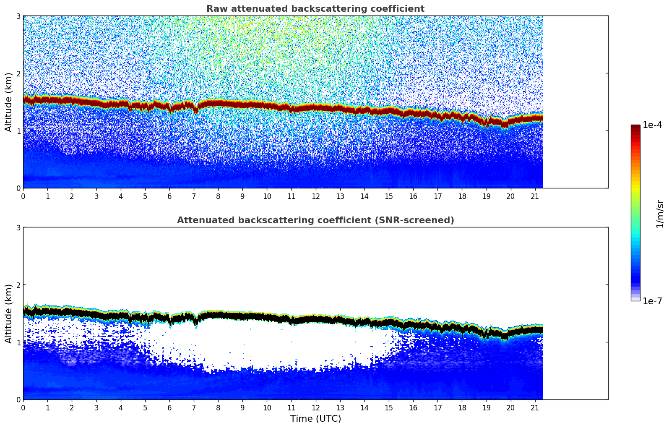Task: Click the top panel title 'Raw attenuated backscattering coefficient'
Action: click(x=315, y=9)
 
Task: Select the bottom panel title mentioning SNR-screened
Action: click(x=315, y=220)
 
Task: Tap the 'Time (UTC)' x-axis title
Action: click(x=315, y=419)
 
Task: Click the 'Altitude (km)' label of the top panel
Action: click(x=9, y=102)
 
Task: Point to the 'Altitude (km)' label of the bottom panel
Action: click(x=9, y=313)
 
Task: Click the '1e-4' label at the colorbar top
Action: click(x=652, y=125)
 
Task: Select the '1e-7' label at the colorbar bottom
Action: click(x=652, y=301)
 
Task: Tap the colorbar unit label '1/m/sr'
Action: click(x=660, y=214)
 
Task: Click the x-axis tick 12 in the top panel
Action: click(x=316, y=196)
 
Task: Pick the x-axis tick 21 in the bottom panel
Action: click(x=535, y=407)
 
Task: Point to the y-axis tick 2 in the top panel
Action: click(x=18, y=73)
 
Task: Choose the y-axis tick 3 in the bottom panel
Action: click(x=18, y=227)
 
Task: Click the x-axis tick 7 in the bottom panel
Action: click(x=194, y=407)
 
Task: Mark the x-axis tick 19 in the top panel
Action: click(x=486, y=196)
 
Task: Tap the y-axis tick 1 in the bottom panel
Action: click(x=18, y=342)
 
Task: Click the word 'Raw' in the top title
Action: click(x=215, y=9)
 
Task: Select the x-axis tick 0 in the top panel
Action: click(x=23, y=196)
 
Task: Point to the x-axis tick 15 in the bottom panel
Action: click(x=389, y=407)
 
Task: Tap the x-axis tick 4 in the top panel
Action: click(x=121, y=196)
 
